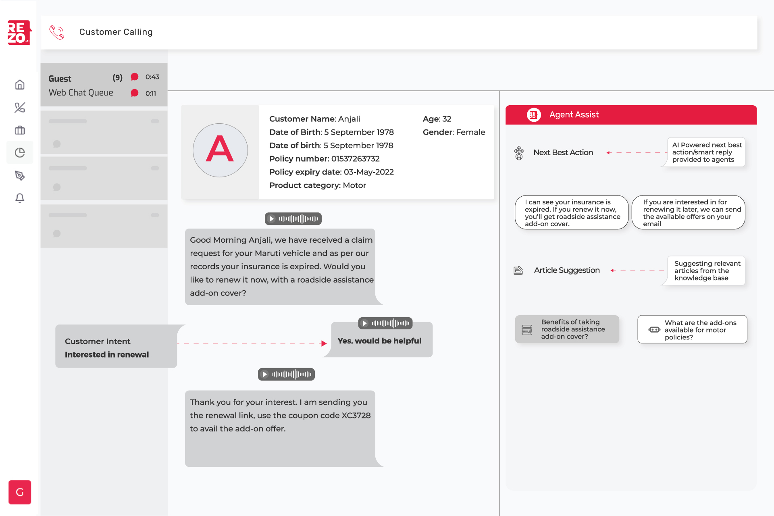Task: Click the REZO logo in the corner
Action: coord(19,32)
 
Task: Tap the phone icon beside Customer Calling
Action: coord(57,32)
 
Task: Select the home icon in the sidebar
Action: coord(20,85)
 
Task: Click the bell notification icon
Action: coord(20,198)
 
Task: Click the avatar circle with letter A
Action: coord(220,150)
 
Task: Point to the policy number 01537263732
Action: coord(355,159)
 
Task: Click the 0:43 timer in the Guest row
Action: coord(152,77)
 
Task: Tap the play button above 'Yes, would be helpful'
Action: coord(364,323)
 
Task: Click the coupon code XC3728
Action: coord(356,416)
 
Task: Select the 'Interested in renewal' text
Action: coord(107,355)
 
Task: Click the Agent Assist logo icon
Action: coord(533,115)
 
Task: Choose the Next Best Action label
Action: coord(563,153)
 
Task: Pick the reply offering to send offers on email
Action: coord(688,213)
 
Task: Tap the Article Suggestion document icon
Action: coord(518,270)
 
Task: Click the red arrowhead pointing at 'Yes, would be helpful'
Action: coord(324,343)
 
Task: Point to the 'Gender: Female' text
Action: coord(454,132)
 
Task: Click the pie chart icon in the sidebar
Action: coord(20,153)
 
